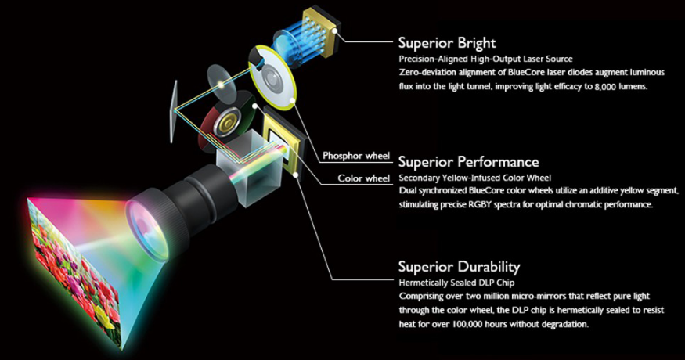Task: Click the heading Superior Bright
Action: (x=447, y=43)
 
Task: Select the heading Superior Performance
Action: (x=468, y=162)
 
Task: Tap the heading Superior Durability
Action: (x=459, y=267)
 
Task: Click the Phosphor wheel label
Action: (x=356, y=156)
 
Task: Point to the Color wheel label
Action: (x=363, y=178)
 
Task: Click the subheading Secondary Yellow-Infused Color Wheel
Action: (x=475, y=178)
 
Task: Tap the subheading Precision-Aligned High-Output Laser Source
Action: (x=485, y=59)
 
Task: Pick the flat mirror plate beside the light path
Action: (x=174, y=111)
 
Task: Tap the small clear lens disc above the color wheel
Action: (x=222, y=85)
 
